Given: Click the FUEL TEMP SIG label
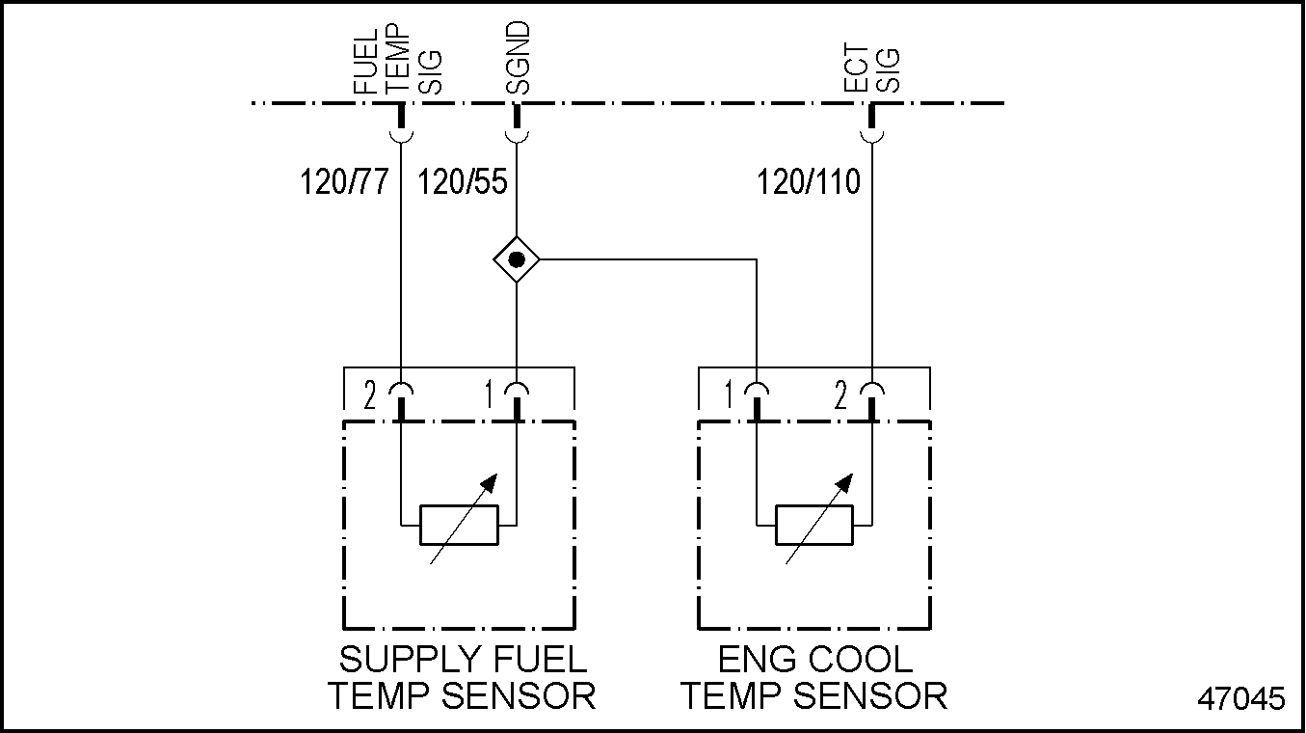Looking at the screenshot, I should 396,59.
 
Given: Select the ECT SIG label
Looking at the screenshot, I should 872,68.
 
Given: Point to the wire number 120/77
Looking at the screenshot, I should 344,180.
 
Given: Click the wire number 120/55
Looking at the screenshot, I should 462,180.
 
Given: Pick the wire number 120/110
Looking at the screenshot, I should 809,180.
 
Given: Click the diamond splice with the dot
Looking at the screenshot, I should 517,259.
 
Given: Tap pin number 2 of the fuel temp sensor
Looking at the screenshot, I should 369,395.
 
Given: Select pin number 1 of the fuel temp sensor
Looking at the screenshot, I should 489,395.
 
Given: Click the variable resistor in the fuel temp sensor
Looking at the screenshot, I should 459,525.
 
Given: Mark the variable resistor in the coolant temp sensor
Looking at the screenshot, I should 814,525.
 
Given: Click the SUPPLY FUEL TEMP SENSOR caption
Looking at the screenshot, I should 462,677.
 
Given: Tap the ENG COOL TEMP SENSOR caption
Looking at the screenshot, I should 814,677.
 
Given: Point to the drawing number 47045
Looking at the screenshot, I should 1241,699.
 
